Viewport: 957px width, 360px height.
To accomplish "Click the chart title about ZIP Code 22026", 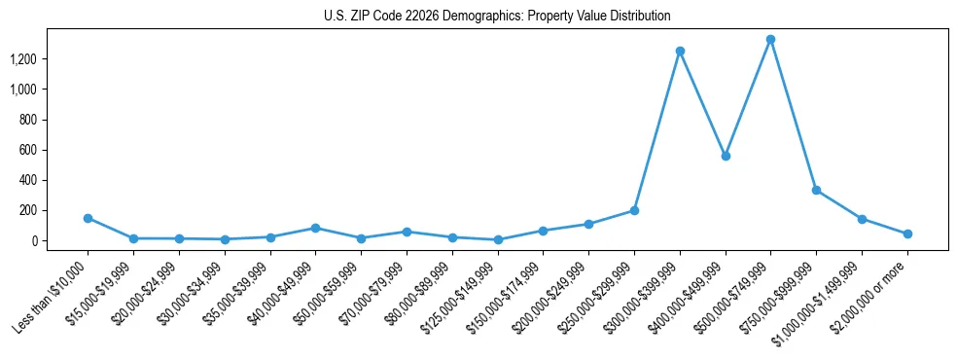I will point(497,16).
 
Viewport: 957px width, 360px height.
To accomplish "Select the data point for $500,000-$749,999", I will point(770,40).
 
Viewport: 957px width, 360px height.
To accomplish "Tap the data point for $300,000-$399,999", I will point(680,51).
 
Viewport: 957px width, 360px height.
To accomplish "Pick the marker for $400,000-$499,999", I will point(726,156).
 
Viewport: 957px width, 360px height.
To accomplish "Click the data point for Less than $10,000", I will point(88,218).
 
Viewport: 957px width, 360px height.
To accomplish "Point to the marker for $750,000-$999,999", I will point(816,190).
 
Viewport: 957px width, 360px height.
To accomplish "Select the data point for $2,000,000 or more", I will point(907,234).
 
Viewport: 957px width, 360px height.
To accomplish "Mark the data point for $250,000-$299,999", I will point(634,210).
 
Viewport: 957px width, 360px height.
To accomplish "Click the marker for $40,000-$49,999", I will point(315,228).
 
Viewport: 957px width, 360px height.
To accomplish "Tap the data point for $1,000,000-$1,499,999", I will point(862,219).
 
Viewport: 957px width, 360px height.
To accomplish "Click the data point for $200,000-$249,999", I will point(588,224).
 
